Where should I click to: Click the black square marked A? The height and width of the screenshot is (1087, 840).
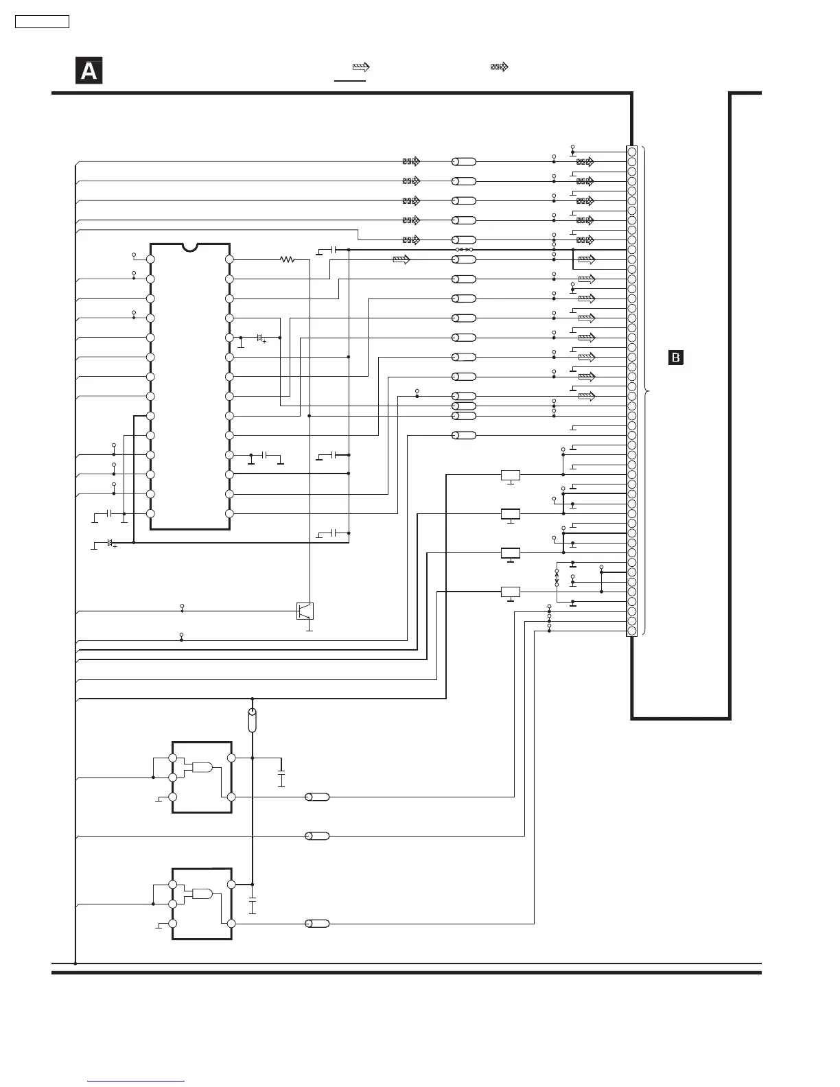(89, 71)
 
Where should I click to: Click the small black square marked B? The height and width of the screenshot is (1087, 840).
(676, 358)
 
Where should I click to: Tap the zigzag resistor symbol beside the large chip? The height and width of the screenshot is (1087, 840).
(287, 259)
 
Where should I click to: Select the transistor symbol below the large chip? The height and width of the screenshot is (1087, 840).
(305, 611)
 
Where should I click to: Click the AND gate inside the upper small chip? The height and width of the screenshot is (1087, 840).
(202, 767)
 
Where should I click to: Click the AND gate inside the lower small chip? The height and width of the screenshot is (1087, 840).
(202, 893)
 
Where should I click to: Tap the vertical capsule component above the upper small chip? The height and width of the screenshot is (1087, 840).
(253, 721)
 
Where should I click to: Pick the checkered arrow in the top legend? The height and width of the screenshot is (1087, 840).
(499, 67)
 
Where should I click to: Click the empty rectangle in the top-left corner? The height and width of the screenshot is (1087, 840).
(43, 22)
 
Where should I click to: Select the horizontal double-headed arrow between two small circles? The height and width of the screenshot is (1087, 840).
(465, 250)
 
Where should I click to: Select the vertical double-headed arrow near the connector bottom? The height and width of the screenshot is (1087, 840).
(557, 578)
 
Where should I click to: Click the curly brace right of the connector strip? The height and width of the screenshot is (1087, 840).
(646, 391)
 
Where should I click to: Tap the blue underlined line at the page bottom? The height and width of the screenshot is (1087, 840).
(136, 1081)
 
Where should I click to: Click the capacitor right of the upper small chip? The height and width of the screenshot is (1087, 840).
(281, 779)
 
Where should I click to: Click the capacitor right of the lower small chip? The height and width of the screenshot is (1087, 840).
(253, 905)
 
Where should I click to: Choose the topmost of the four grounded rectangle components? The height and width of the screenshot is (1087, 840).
(511, 475)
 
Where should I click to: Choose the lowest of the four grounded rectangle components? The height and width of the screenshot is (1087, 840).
(511, 592)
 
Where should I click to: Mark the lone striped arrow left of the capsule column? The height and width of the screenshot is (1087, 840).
(401, 259)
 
